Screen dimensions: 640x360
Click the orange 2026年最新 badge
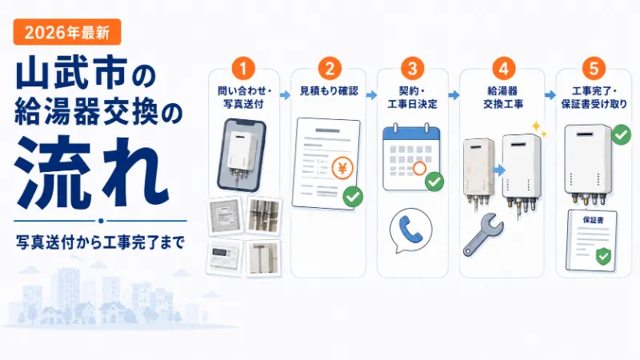coord(67,32)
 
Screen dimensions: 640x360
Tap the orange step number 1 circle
coord(243,68)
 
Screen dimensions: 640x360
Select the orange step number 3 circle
coord(412,68)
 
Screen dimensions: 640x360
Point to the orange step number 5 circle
coord(594,68)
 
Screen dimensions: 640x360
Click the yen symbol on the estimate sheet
coord(342,168)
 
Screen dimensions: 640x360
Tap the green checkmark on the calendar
coord(434,182)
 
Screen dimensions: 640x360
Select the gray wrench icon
coord(483,234)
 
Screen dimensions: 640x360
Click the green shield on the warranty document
coord(603,256)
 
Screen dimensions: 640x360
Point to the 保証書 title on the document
coord(593,220)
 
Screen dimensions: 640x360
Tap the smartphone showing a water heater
coord(242,155)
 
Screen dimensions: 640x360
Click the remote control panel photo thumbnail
coord(226,258)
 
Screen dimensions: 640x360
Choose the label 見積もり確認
coord(329,91)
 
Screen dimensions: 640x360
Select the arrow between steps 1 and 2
coord(286,95)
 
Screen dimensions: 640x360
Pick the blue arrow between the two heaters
coord(498,170)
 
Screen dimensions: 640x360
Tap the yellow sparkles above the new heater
coord(538,129)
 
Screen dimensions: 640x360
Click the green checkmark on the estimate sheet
coord(353,197)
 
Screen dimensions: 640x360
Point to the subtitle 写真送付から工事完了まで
coord(101,242)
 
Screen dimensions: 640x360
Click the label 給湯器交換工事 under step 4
coord(503,98)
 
